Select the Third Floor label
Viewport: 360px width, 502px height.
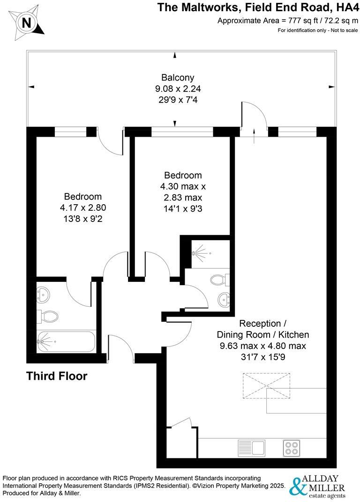[57, 376]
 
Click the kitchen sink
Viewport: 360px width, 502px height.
[251, 448]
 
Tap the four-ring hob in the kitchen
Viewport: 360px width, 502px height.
[291, 448]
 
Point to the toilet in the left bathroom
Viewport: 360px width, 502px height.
[48, 317]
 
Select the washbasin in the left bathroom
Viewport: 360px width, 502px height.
[43, 295]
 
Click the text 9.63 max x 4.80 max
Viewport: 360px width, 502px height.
[262, 346]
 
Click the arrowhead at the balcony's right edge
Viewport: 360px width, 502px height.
[332, 87]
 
